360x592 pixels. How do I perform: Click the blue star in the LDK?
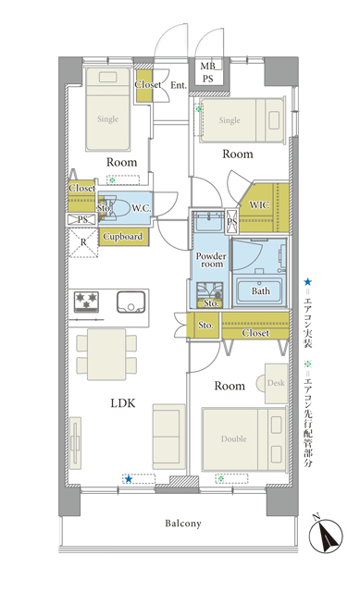(129, 479)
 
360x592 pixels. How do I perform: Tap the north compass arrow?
(326, 535)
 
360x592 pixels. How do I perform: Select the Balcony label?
(183, 524)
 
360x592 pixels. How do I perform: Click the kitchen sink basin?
(130, 302)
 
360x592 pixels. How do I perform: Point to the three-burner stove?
(86, 302)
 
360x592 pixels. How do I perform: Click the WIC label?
(259, 205)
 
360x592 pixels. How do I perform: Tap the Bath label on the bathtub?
(261, 291)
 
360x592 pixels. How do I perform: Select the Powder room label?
(211, 260)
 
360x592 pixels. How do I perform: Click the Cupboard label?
(123, 237)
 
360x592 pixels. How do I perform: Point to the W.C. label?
(142, 208)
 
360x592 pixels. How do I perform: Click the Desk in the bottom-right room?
(276, 383)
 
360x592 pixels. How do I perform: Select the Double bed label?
(234, 439)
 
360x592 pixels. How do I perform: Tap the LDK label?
(123, 403)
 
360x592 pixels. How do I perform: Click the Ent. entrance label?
(179, 85)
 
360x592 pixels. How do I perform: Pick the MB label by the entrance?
(207, 67)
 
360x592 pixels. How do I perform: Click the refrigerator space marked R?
(83, 242)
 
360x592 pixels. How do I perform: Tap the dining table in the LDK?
(106, 354)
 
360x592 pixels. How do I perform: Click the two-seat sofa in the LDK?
(168, 437)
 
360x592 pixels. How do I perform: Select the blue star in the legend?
(308, 281)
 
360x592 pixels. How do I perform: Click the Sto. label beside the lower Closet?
(205, 325)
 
